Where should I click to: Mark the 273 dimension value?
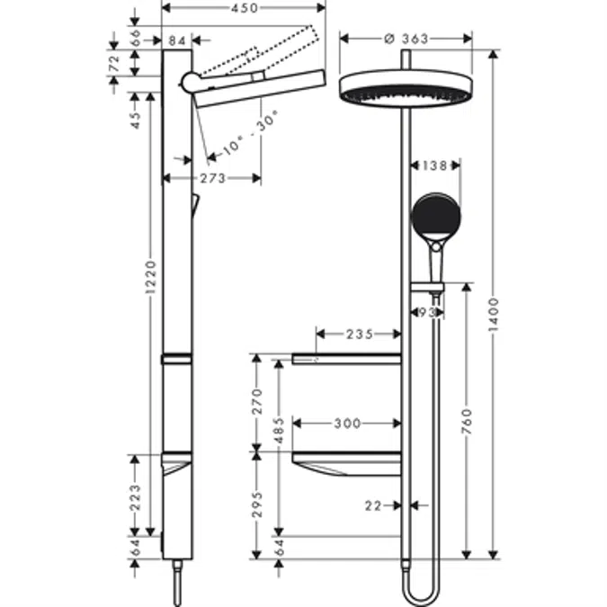[x=212, y=178]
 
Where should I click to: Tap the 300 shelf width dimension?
[x=348, y=423]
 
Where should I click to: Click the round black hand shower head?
[x=435, y=217]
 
